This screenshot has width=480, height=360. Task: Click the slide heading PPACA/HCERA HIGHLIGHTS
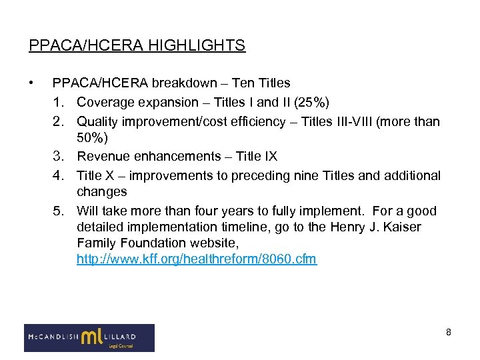coord(137,45)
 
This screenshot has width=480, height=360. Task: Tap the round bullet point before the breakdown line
coord(31,83)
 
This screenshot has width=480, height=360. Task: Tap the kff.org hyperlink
coord(197,259)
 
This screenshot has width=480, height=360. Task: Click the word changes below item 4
coord(101,191)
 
